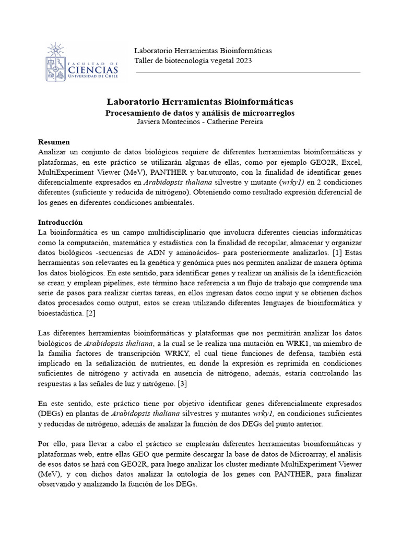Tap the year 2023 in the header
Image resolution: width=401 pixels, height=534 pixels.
(229, 60)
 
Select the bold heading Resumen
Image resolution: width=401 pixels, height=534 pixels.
(54, 142)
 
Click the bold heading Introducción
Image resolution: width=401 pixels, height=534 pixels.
(60, 222)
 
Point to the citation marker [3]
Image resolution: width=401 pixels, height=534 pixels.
(182, 384)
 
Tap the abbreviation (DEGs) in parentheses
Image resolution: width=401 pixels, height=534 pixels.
(51, 414)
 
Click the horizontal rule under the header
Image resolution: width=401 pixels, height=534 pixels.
(247, 72)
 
